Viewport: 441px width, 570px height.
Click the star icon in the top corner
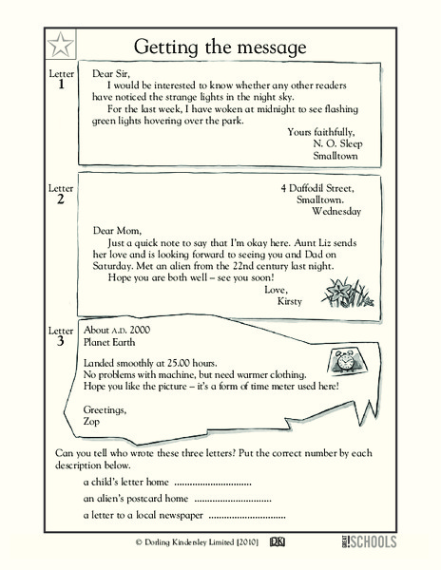(x=60, y=45)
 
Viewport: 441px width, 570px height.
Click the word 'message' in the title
(x=268, y=47)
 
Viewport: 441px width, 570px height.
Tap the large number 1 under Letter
(x=61, y=85)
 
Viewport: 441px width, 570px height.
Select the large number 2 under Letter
(x=60, y=199)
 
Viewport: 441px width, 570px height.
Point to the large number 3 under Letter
(x=60, y=341)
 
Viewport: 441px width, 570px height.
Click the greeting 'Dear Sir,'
(x=111, y=74)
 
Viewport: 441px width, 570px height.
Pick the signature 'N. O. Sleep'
(x=337, y=144)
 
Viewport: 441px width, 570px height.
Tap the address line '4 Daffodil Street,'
(x=317, y=188)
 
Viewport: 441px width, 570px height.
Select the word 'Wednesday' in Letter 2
(x=336, y=211)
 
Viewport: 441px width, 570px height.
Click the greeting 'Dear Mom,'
(x=117, y=231)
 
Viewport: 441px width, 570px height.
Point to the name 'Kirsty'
(x=289, y=301)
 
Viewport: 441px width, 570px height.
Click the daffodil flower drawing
(x=347, y=293)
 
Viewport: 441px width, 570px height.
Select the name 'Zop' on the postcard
(x=91, y=422)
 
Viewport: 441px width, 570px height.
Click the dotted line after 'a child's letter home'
(x=213, y=484)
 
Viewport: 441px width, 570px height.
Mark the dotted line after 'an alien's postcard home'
(x=233, y=502)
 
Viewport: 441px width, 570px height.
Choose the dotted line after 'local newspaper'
(x=247, y=518)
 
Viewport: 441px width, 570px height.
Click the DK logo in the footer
(x=278, y=542)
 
